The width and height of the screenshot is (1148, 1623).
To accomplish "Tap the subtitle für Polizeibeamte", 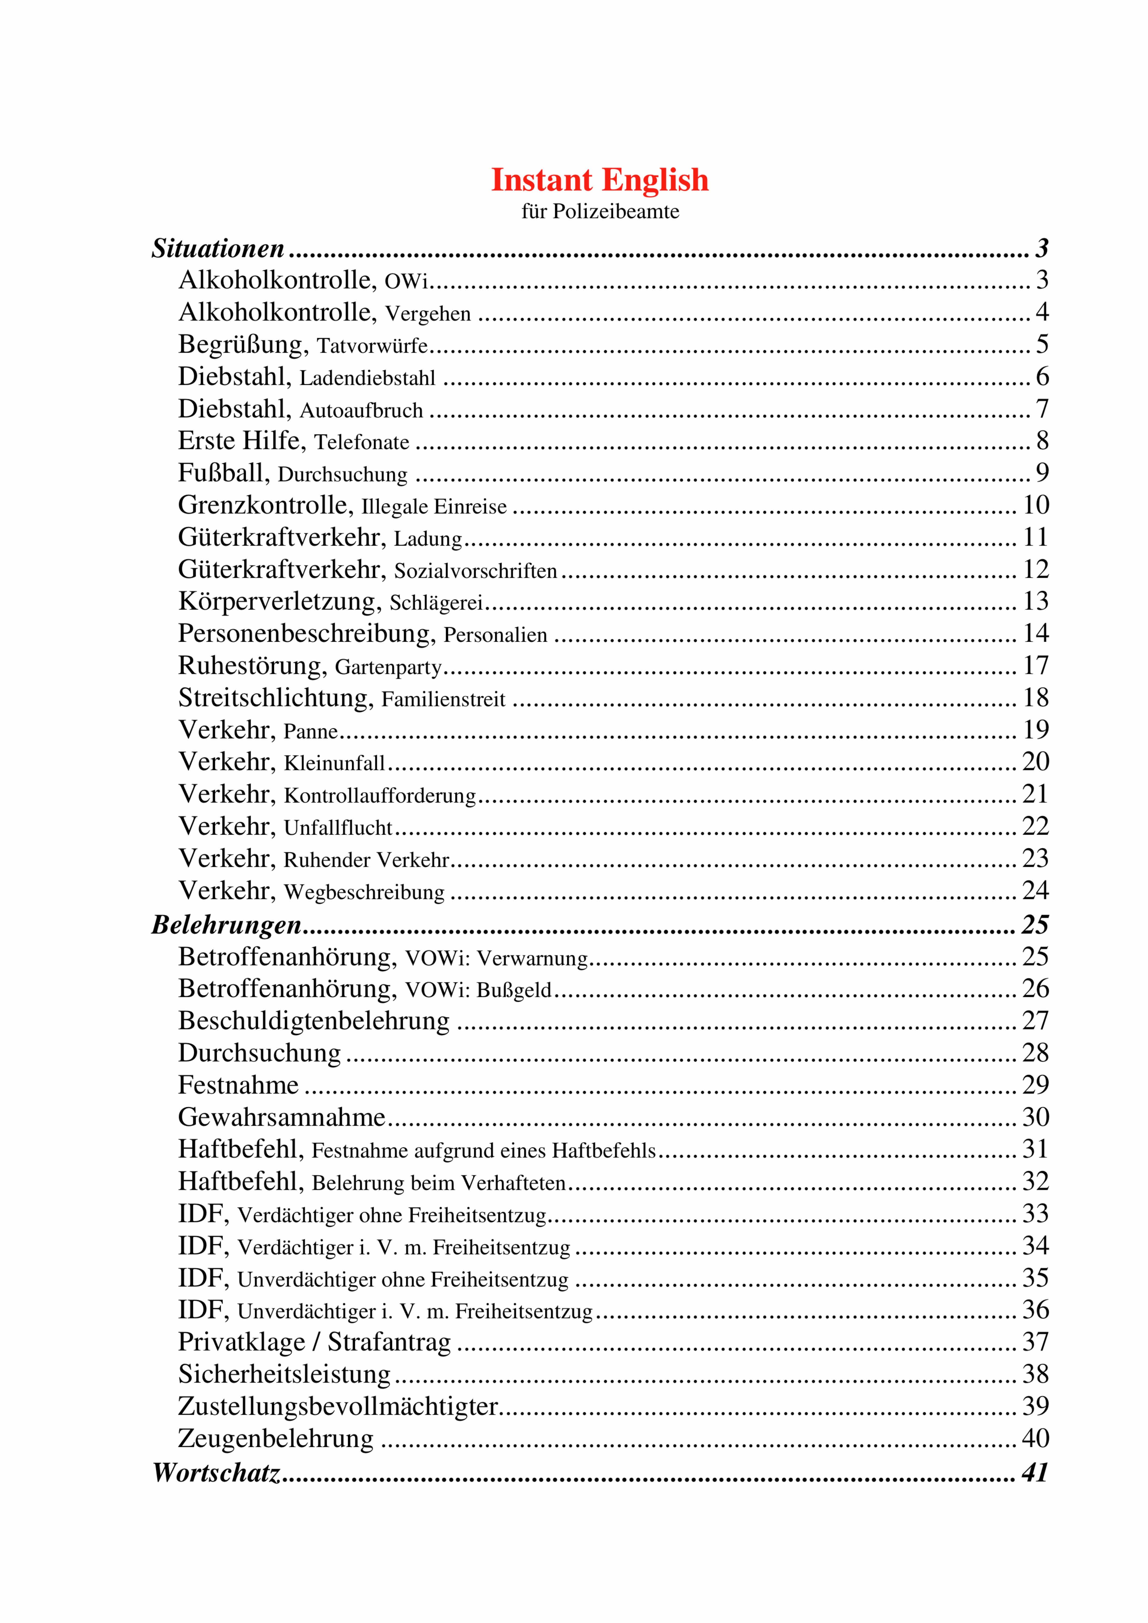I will tap(600, 211).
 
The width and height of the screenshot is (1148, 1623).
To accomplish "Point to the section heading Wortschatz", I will tap(216, 1472).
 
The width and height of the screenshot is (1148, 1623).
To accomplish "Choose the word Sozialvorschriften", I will tap(475, 570).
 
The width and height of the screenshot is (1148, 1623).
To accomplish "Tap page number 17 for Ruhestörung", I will tap(1036, 666).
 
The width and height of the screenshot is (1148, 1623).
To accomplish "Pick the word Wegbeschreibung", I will tap(364, 892).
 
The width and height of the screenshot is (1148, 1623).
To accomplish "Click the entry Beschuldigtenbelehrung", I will tap(313, 1021).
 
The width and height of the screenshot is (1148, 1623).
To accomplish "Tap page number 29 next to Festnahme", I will tap(1036, 1084).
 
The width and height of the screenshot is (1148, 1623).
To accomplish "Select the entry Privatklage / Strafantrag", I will tap(314, 1342).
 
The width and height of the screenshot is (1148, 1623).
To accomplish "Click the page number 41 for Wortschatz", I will tap(1035, 1472).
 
